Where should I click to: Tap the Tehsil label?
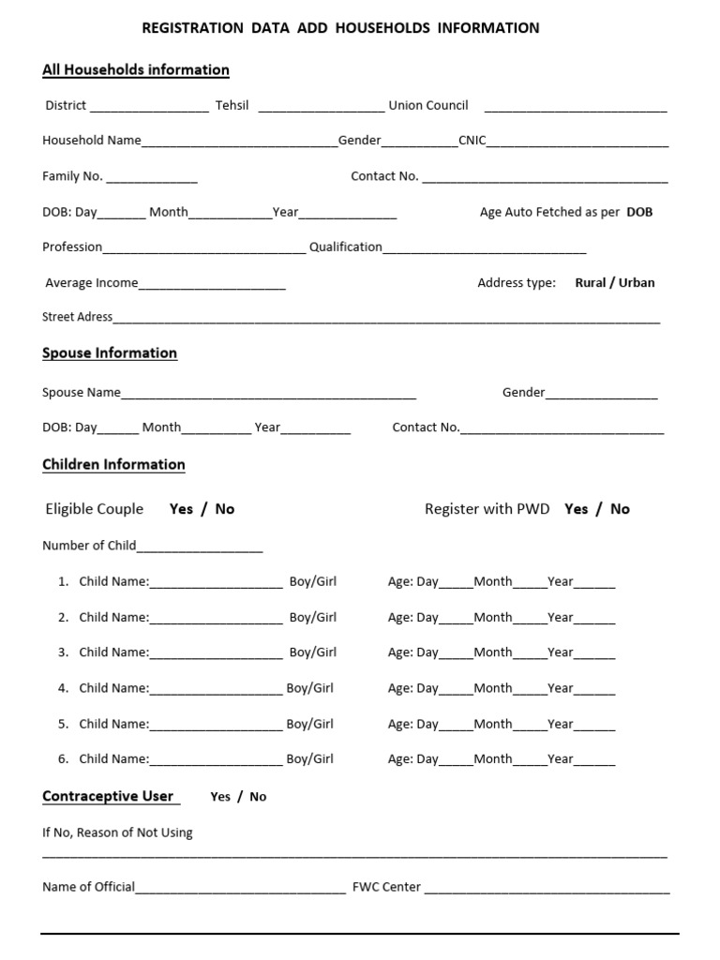232,105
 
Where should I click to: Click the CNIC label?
472,141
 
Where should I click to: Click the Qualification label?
346,247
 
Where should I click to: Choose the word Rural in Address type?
591,282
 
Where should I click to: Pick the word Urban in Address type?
637,282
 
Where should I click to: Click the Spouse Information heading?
110,353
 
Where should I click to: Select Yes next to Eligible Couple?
182,509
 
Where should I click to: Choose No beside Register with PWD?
620,509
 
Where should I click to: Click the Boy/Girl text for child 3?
313,652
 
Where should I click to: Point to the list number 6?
63,759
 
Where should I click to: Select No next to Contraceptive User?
258,797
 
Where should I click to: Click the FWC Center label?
386,887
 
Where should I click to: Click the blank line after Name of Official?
241,889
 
